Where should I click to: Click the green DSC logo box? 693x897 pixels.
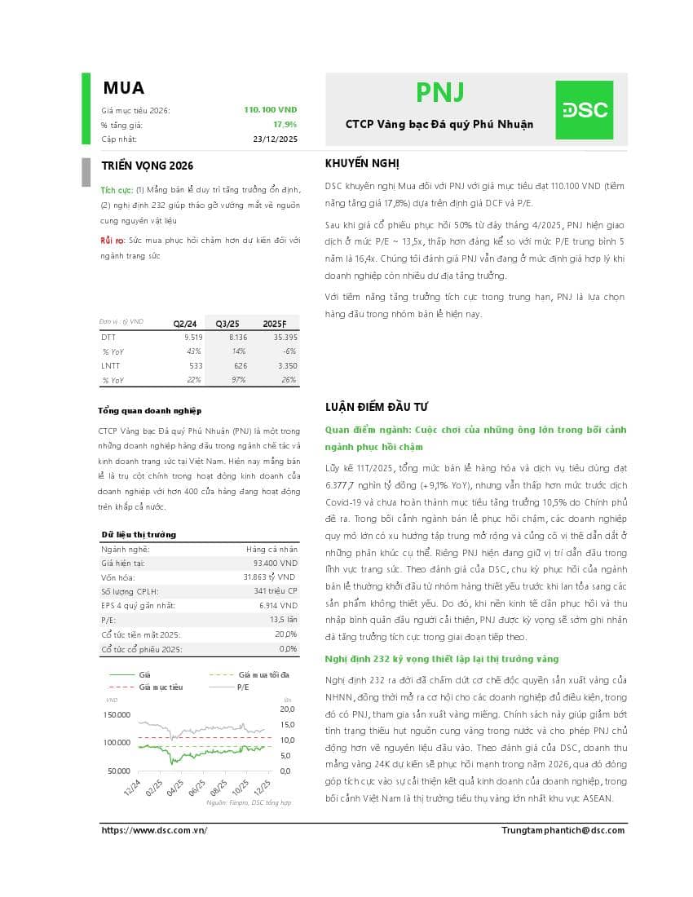click(x=584, y=110)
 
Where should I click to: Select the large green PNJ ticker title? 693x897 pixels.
click(x=439, y=93)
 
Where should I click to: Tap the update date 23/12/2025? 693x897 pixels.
click(x=276, y=139)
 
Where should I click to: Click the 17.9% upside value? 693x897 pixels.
click(x=285, y=125)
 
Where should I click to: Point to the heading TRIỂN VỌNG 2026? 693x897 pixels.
click(x=147, y=166)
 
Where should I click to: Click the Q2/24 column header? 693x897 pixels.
click(x=184, y=323)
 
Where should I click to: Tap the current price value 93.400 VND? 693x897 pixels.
click(x=276, y=563)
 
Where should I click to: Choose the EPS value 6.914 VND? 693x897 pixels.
click(x=278, y=606)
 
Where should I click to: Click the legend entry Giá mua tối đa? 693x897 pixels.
click(x=263, y=675)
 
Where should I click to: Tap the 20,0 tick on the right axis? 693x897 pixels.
click(x=287, y=709)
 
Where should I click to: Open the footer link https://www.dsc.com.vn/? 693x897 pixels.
click(x=154, y=830)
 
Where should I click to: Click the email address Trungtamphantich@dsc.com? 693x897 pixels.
click(x=563, y=830)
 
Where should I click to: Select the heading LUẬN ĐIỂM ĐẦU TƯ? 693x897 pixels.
click(x=377, y=407)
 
